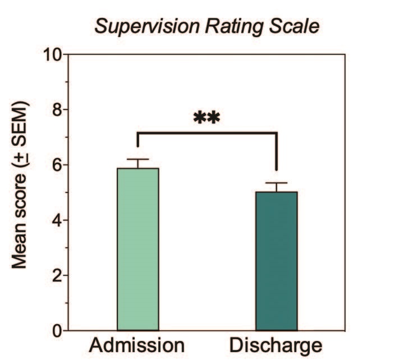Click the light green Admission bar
138,250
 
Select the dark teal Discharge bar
277,261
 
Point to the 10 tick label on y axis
53,55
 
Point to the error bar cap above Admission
138,160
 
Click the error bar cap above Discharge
277,183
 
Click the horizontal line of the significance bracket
207,133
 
